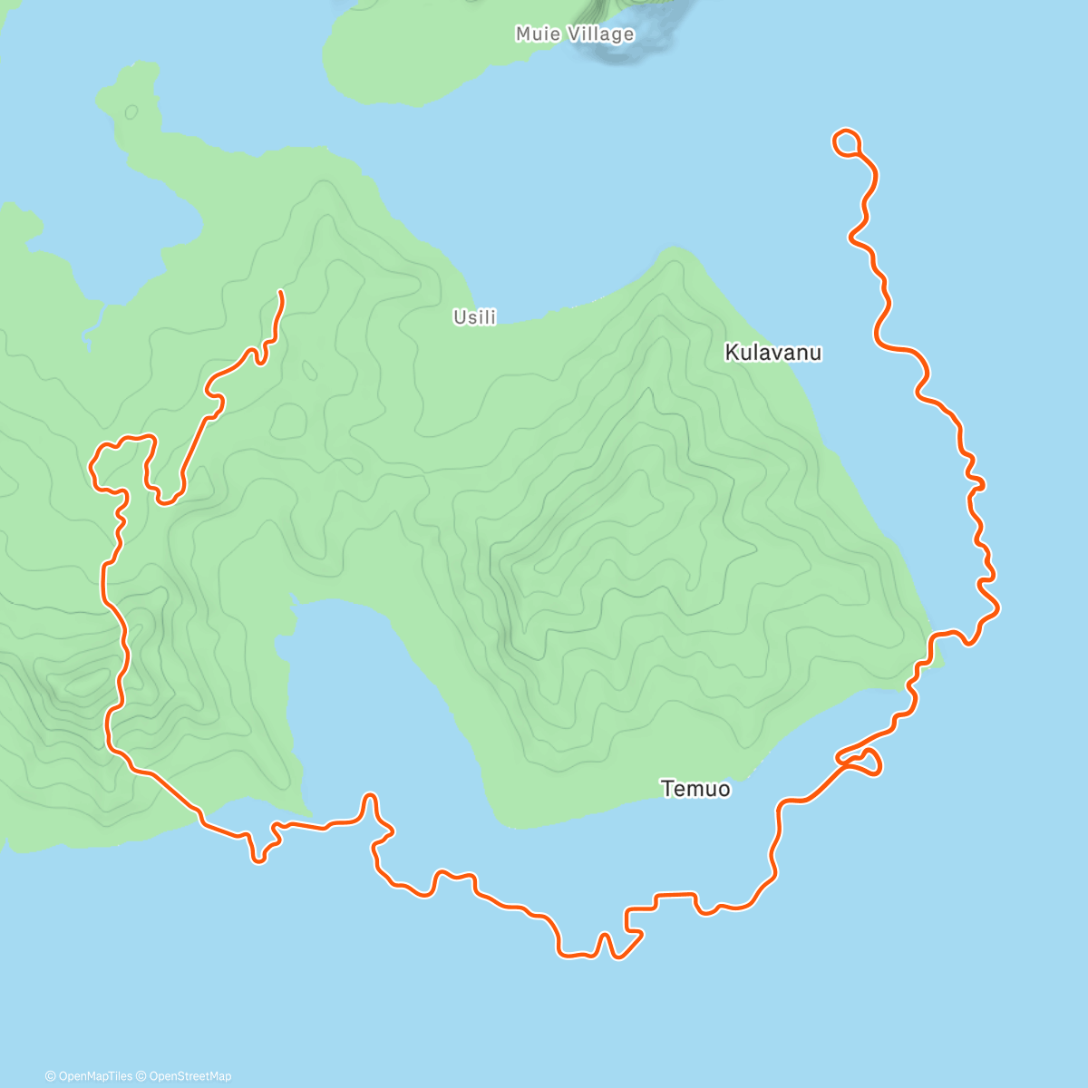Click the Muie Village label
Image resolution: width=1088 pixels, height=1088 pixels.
pos(575,34)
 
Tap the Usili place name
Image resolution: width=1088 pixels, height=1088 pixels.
pos(475,317)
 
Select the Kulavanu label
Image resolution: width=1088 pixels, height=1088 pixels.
pos(773,353)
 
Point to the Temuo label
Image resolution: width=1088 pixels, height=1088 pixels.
pos(695,789)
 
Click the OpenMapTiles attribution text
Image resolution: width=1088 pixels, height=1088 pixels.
pos(88,1076)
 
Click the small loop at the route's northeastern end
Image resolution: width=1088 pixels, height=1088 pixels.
pos(846,141)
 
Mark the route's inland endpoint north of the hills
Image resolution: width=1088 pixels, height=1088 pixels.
pos(281,292)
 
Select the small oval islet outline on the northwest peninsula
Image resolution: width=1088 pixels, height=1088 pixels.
pos(131,112)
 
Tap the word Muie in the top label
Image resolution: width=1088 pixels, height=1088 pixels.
pos(538,34)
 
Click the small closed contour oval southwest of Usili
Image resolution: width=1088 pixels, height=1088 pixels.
pos(310,370)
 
